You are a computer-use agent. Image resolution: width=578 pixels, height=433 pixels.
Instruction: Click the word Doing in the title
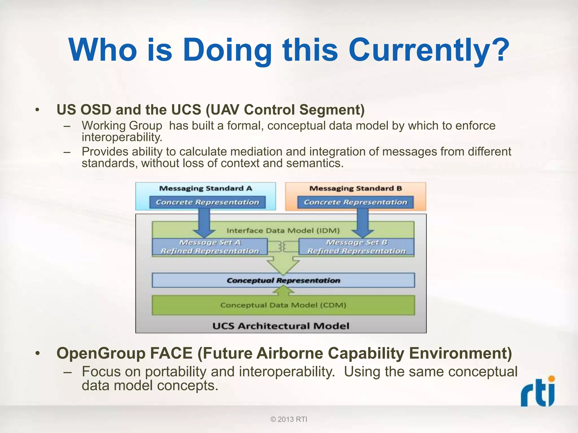[x=227, y=51]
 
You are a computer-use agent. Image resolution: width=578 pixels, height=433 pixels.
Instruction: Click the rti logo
[x=538, y=392]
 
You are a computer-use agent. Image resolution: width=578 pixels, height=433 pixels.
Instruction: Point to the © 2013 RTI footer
[x=289, y=419]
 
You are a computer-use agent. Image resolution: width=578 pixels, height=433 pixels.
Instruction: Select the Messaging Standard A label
[x=205, y=189]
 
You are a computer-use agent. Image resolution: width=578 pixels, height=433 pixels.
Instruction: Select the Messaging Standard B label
[x=355, y=189]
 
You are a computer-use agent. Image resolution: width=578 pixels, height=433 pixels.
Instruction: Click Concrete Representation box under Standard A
[x=207, y=202]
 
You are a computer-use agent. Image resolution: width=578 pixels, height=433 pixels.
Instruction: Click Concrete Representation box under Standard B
[x=355, y=202]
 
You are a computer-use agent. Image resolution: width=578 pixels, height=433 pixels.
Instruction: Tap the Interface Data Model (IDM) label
[x=283, y=231]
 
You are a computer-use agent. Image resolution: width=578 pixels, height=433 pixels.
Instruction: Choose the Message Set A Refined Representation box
[x=210, y=247]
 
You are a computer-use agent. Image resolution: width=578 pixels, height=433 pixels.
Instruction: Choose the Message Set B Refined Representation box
[x=356, y=247]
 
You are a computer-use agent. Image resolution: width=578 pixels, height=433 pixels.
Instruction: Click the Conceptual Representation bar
[x=283, y=280]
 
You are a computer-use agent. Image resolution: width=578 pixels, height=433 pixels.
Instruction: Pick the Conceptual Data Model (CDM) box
[x=283, y=305]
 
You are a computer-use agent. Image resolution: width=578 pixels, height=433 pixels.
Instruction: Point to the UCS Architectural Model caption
[x=281, y=326]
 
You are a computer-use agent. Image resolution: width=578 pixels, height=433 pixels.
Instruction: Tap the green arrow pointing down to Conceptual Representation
[x=283, y=265]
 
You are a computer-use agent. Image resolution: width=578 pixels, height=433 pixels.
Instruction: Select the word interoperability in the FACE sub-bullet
[x=287, y=372]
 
